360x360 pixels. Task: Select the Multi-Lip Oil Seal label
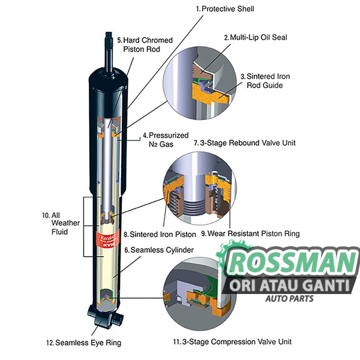point(256,37)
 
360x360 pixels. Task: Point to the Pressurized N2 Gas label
point(165,140)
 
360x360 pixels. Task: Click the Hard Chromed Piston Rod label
point(144,44)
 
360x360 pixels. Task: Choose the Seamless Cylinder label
point(150,250)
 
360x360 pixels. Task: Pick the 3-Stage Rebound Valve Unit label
point(236,143)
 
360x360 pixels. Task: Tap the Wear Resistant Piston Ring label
point(250,233)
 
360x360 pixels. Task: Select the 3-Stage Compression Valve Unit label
point(232,341)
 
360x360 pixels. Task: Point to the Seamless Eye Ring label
point(83,343)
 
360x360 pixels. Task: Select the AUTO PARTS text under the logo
point(290,298)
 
